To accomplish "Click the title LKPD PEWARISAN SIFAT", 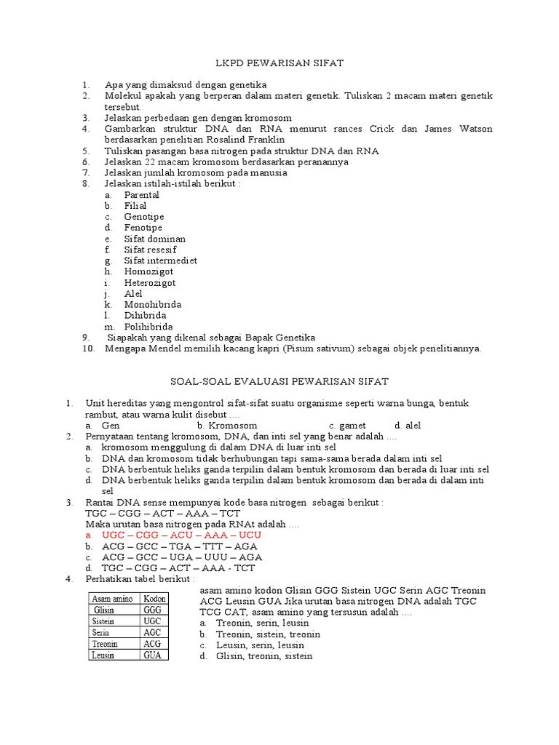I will (279, 64).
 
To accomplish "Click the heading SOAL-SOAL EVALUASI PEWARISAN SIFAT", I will (279, 381).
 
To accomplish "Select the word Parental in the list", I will (141, 195).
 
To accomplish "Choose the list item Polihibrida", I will (148, 327).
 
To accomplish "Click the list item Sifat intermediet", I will (160, 260).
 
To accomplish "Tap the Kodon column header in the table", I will (154, 598).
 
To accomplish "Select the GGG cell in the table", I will (153, 610).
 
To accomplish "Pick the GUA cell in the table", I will (153, 655).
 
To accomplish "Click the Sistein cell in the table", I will (105, 621).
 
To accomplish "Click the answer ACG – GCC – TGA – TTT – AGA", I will (180, 546).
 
